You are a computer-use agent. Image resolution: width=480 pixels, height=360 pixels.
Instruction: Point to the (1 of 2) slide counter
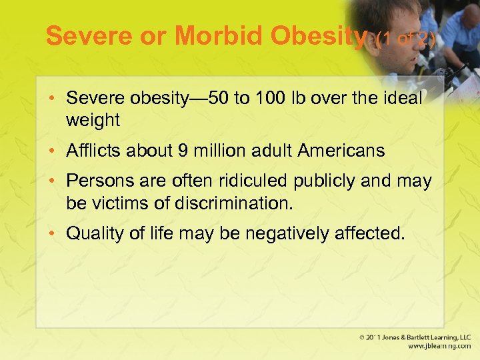405,39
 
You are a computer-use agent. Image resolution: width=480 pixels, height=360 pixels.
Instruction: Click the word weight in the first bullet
93,120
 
